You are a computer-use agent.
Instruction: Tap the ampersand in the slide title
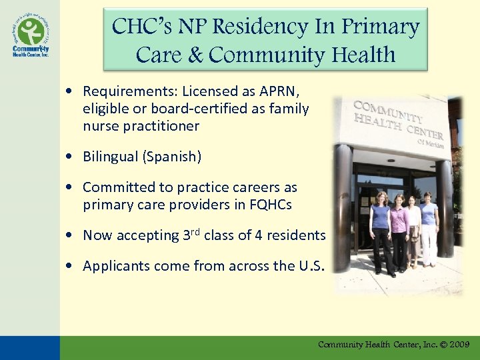(195, 55)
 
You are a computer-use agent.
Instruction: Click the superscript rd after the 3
(194, 231)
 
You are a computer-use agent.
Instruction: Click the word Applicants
(117, 266)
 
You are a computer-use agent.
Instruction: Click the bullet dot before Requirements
(70, 92)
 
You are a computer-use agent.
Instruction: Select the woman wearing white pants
(429, 230)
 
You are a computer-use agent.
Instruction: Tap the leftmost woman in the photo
(382, 230)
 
